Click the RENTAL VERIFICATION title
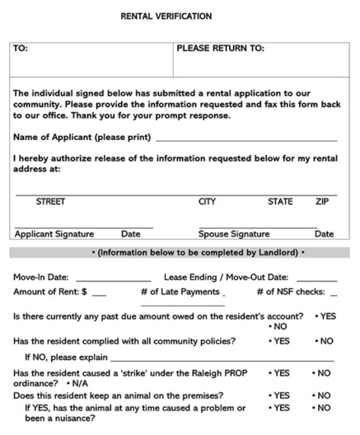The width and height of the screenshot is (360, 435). click(178, 16)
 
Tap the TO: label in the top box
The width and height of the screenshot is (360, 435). click(21, 49)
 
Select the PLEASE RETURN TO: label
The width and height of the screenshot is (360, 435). click(220, 49)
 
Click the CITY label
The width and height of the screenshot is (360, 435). click(207, 201)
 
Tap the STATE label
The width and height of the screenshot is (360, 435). click(280, 201)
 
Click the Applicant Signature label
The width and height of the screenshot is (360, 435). click(54, 234)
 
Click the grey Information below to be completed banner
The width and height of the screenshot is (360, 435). click(180, 251)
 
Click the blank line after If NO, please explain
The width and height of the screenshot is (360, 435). click(222, 358)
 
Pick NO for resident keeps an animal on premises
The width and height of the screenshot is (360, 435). click(325, 395)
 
